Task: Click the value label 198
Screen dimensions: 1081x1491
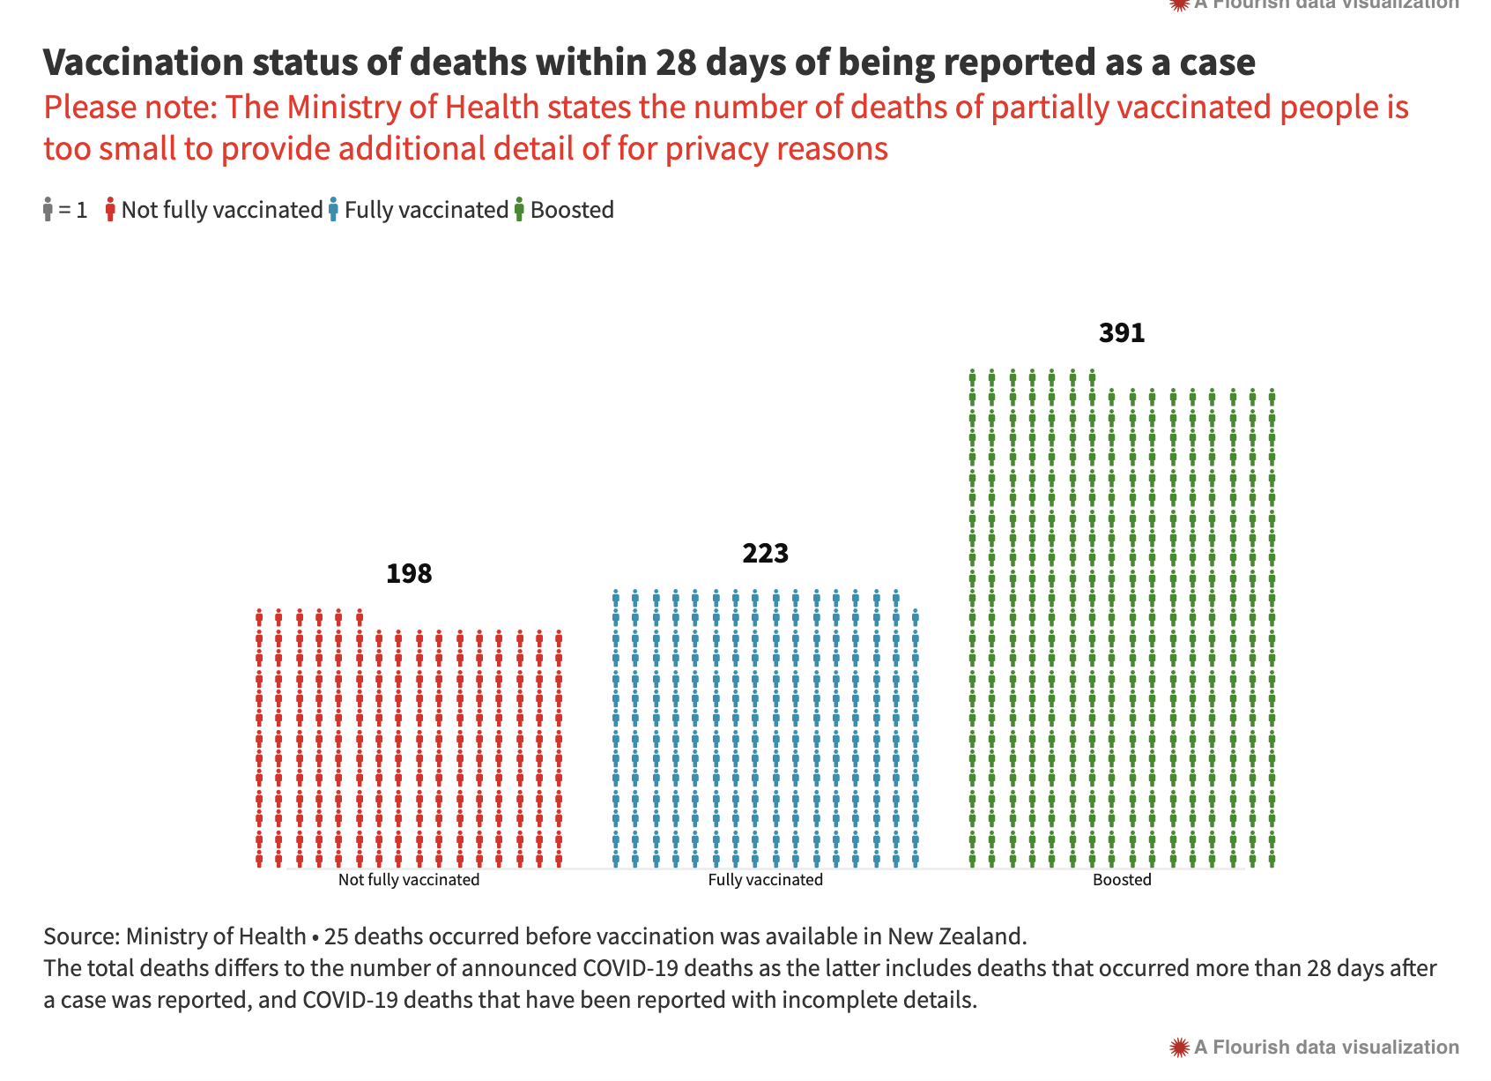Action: [409, 574]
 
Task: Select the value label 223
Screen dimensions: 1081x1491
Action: [765, 554]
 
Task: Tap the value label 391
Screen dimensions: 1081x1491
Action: [1121, 333]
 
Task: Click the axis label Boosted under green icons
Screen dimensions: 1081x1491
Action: [1122, 880]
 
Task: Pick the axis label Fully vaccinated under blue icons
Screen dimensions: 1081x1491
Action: [765, 880]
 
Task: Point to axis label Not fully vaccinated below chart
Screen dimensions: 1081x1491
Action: [409, 880]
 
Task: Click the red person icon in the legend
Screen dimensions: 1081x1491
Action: [110, 210]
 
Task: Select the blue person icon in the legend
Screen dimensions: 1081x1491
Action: [333, 210]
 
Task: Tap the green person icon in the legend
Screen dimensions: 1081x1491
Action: [519, 210]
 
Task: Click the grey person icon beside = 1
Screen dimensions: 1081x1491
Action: [48, 210]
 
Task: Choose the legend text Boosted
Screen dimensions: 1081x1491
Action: [572, 210]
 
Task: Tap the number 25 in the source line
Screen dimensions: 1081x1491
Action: [336, 936]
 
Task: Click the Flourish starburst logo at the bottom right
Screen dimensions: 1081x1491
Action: [1179, 1047]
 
